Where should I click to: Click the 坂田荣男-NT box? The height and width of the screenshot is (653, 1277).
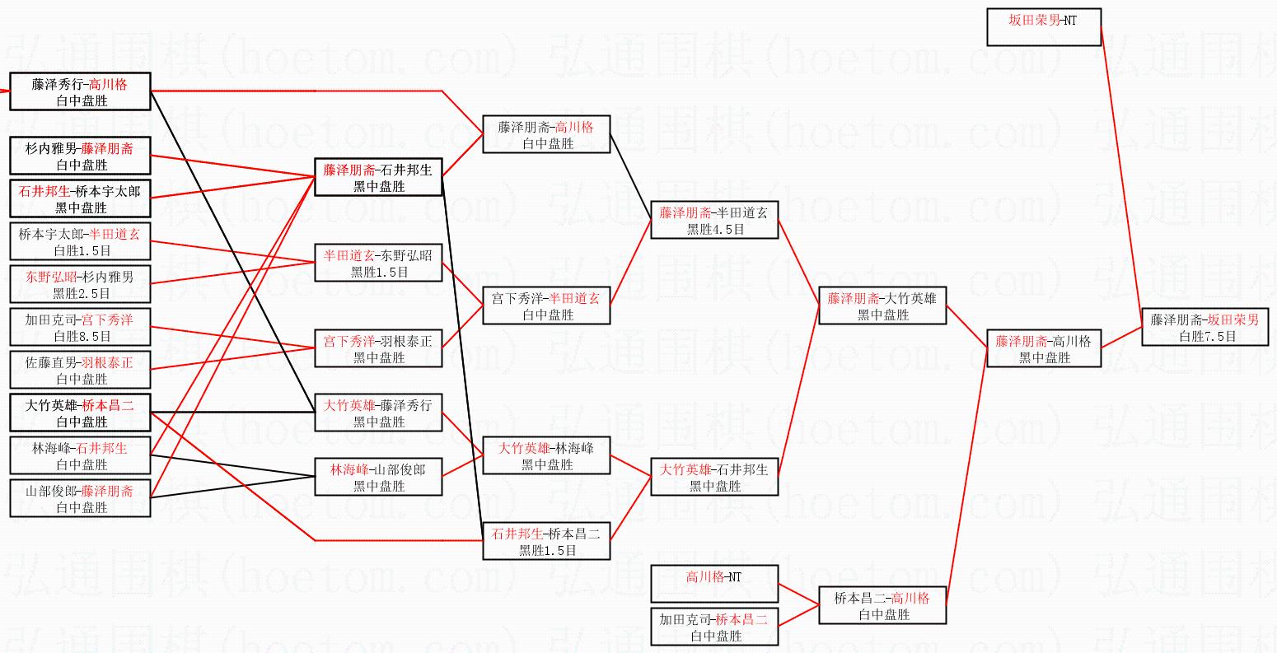point(1043,27)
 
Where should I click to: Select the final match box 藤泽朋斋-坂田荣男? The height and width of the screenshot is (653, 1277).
point(1204,328)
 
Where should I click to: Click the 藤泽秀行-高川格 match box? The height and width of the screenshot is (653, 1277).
point(80,91)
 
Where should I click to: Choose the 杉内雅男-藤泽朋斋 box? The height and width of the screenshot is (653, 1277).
point(80,156)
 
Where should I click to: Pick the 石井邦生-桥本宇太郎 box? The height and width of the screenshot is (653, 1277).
point(80,198)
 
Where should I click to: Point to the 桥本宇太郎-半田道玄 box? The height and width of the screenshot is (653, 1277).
point(80,241)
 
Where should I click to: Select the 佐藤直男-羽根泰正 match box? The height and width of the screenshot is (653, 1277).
point(80,370)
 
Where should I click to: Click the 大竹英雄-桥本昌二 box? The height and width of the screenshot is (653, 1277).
point(80,413)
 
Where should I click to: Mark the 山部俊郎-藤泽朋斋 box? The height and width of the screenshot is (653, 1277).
point(80,498)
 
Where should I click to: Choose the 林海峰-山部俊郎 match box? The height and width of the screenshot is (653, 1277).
point(378,477)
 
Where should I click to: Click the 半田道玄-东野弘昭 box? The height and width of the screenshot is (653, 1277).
point(378,263)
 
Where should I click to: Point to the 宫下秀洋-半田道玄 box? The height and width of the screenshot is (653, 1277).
point(546,306)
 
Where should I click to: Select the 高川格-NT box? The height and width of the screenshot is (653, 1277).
point(714,584)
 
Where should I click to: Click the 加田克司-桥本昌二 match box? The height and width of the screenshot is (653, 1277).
point(714,627)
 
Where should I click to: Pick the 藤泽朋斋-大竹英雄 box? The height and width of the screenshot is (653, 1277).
point(882,306)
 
